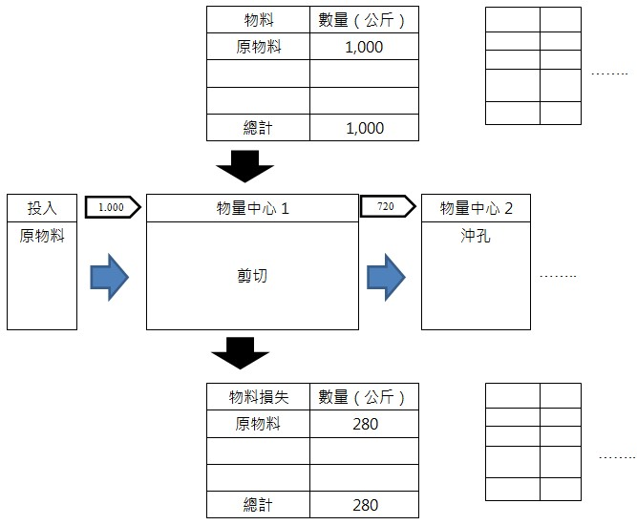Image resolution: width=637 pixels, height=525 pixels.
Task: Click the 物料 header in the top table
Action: [x=258, y=19]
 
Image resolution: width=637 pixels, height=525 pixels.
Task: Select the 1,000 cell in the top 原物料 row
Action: [x=364, y=47]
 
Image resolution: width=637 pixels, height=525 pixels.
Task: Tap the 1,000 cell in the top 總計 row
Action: [x=364, y=128]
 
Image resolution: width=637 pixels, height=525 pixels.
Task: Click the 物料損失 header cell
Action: [x=258, y=397]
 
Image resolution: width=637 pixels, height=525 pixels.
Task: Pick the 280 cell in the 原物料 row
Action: [x=364, y=425]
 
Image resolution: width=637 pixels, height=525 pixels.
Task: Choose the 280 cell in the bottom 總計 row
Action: [x=364, y=505]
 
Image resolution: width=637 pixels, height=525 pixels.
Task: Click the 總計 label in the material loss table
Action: [x=258, y=505]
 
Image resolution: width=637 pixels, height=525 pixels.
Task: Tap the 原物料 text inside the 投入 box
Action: [x=42, y=236]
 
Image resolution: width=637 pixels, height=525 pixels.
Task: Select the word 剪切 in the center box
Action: [x=252, y=276]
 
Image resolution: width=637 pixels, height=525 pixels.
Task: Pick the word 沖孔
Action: [x=476, y=236]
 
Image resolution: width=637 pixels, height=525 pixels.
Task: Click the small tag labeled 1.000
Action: [x=113, y=206]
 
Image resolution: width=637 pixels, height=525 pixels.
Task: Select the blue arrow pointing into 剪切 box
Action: [x=109, y=276]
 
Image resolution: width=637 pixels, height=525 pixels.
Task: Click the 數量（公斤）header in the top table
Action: [x=364, y=19]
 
